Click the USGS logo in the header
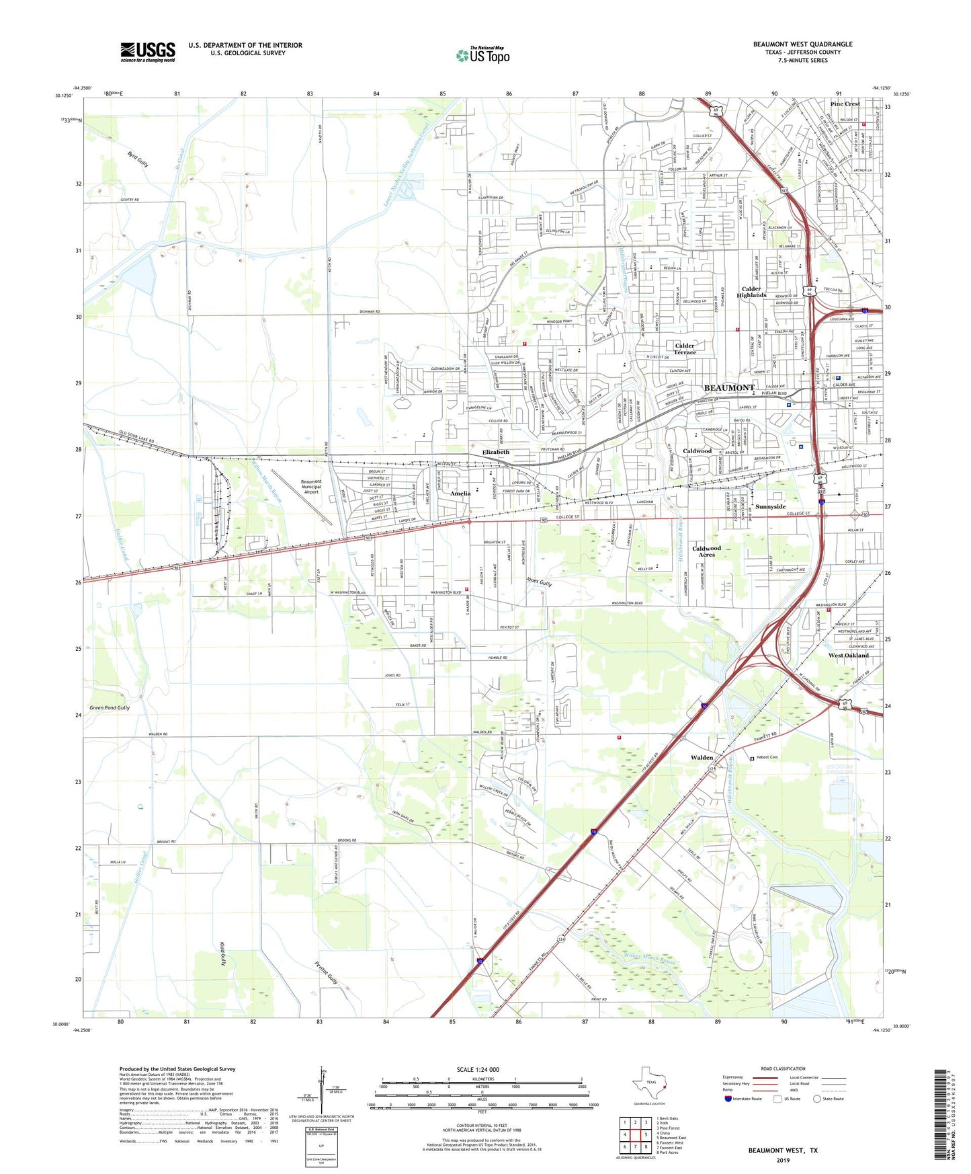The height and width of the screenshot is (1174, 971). tap(148, 52)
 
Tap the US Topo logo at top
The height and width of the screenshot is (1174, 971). tap(482, 55)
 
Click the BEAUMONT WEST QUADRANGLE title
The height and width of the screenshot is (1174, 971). tap(802, 44)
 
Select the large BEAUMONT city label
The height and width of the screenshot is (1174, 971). tap(729, 388)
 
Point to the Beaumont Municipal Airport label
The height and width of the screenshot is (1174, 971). tap(311, 487)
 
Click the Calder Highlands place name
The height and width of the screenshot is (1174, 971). tap(751, 292)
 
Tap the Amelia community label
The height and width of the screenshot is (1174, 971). tap(460, 494)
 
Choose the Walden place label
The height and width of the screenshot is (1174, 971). tap(702, 758)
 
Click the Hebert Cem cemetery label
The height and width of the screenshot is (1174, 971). tap(767, 758)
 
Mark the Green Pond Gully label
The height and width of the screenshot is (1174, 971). tap(110, 708)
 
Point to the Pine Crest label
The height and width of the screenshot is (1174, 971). tap(845, 104)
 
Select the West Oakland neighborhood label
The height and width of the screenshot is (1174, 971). tap(848, 655)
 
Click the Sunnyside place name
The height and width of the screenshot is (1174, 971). tap(770, 507)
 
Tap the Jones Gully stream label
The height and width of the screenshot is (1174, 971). tap(539, 583)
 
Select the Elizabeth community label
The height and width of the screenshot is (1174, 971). tap(495, 453)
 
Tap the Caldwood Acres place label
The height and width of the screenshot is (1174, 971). tap(706, 551)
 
